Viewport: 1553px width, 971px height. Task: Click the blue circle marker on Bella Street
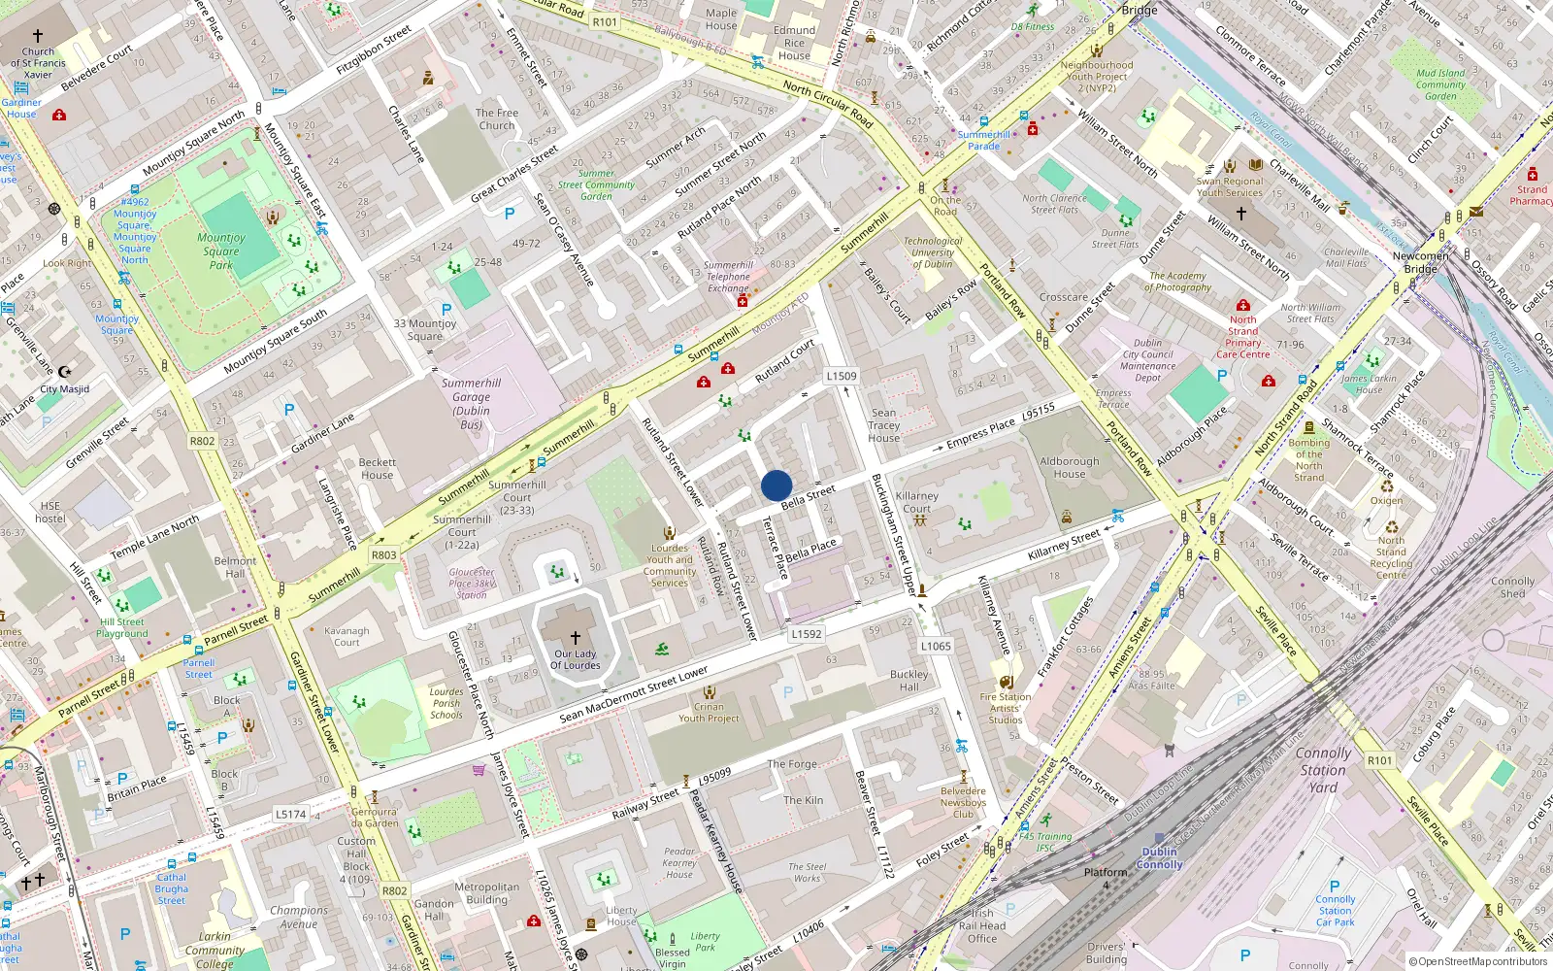(x=776, y=485)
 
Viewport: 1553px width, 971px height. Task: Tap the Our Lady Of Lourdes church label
(x=576, y=659)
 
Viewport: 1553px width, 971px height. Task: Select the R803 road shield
(x=384, y=555)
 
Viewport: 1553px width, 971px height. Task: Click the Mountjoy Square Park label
(x=221, y=251)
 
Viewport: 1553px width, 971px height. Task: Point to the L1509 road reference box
(x=842, y=376)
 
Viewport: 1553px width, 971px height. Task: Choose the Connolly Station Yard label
(x=1323, y=770)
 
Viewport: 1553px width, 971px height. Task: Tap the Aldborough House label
(x=1070, y=468)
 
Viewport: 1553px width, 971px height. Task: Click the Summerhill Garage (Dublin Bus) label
(x=471, y=403)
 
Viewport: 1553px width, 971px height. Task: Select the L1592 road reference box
(x=806, y=634)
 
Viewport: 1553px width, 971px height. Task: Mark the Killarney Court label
(x=916, y=502)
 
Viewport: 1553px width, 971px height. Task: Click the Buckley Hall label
(x=909, y=680)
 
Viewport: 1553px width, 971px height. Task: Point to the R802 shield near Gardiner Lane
(x=202, y=441)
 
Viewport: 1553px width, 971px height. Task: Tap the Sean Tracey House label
(x=883, y=425)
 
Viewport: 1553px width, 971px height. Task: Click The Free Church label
(x=497, y=118)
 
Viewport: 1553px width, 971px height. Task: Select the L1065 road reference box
(x=936, y=646)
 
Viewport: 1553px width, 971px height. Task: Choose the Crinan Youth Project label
(x=709, y=713)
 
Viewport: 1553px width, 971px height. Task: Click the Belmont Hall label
(x=235, y=567)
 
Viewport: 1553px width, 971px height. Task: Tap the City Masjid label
(x=64, y=389)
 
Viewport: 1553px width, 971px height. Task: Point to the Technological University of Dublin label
(x=933, y=252)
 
